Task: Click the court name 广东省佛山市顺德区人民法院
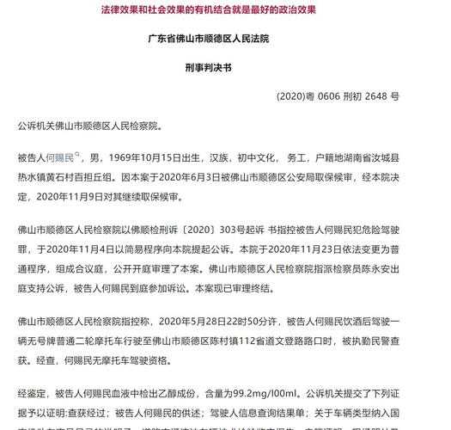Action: coord(226,40)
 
